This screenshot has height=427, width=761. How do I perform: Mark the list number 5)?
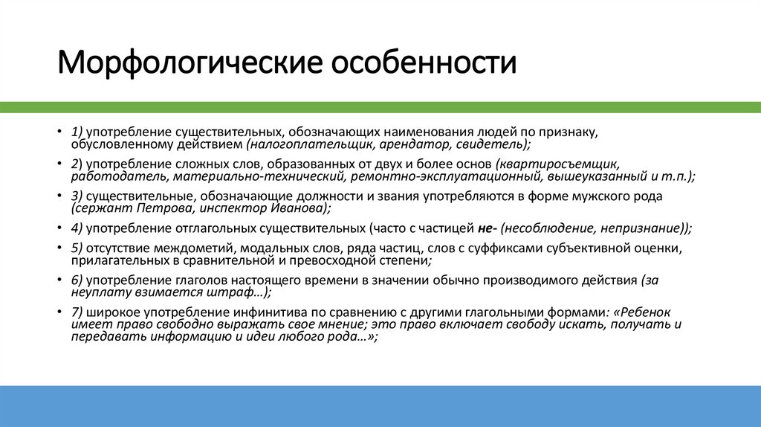click(x=77, y=248)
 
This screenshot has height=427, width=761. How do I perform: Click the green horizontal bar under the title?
click(x=380, y=107)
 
